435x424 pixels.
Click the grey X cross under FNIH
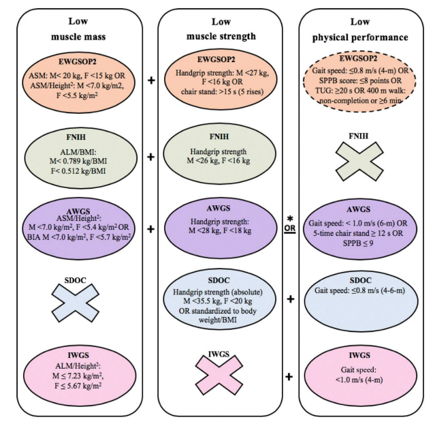359,162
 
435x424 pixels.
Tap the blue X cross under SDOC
75,303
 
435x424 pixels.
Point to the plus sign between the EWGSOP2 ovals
151,80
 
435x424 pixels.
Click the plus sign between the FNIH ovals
150,157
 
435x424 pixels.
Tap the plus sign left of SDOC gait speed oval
290,299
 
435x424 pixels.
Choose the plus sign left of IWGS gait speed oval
289,377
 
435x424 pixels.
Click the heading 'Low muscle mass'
78,29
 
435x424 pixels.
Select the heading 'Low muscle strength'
221,29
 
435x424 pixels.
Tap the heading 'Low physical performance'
360,29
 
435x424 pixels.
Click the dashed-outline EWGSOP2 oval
359,81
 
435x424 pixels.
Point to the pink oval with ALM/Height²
80,376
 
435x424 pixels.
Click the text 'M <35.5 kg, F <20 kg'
218,301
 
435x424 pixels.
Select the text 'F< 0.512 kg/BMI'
78,171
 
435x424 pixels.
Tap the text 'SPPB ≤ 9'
358,243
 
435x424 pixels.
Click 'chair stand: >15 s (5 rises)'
222,91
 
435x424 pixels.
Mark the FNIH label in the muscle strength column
219,137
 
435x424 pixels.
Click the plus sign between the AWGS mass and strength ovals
150,229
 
